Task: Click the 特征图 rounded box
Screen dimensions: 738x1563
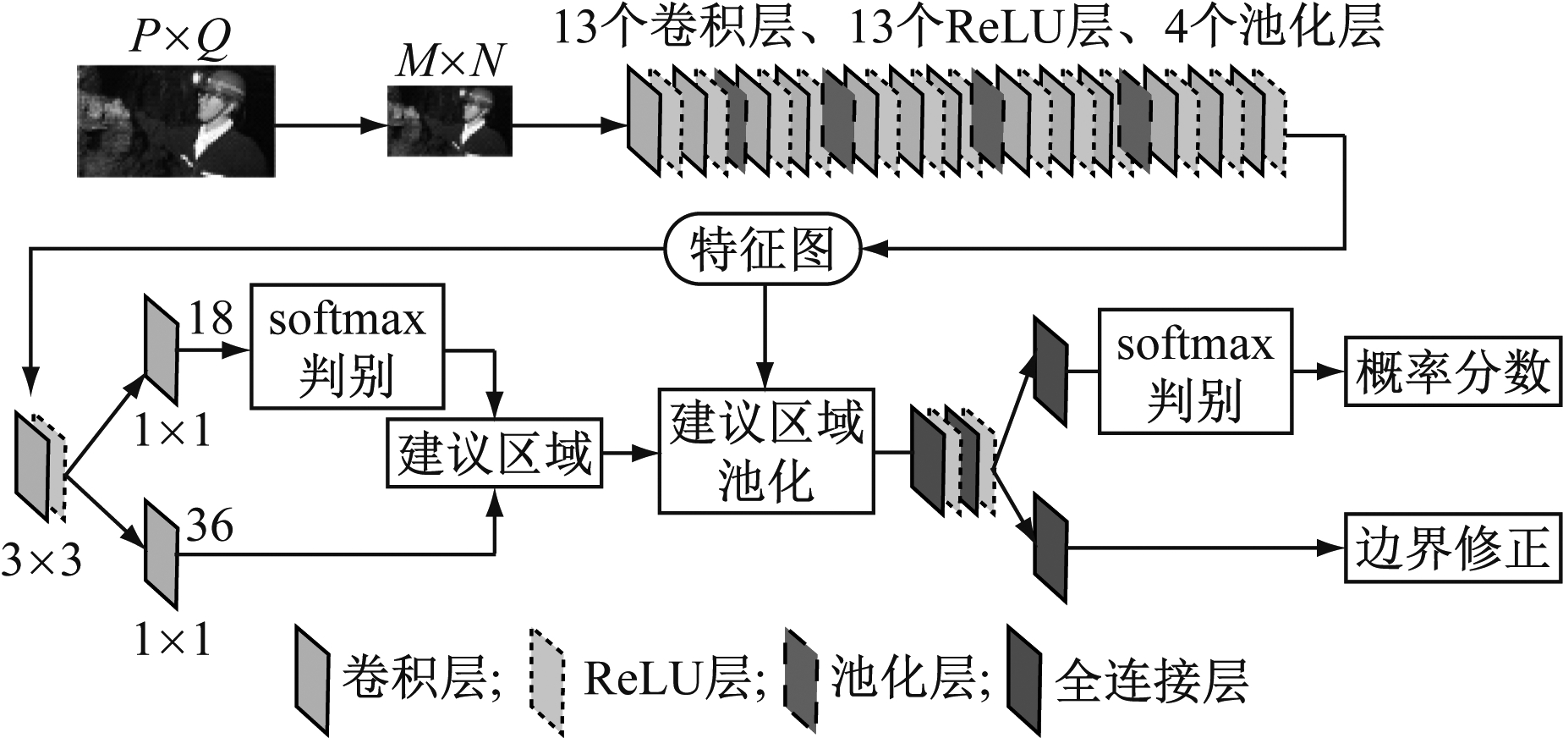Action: [763, 250]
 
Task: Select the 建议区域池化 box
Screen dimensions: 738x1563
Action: [765, 451]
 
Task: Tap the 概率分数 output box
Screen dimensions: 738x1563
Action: [1451, 372]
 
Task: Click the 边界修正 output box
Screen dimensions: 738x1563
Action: [1451, 548]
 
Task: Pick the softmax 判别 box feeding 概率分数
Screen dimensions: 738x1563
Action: [1194, 372]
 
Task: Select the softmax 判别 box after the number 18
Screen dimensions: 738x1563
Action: [347, 346]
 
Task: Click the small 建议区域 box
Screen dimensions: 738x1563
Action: [494, 453]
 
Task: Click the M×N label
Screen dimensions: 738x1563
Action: [449, 61]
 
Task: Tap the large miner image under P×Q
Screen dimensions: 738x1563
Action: [176, 120]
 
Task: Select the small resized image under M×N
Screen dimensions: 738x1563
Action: [449, 120]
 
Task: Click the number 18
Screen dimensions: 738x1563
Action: [210, 319]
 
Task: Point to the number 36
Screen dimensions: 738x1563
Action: [210, 526]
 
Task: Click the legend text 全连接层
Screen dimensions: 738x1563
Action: [1151, 681]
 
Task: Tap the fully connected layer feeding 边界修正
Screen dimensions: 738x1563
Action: [1050, 548]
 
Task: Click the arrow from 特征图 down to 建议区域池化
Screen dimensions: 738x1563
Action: [765, 339]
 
